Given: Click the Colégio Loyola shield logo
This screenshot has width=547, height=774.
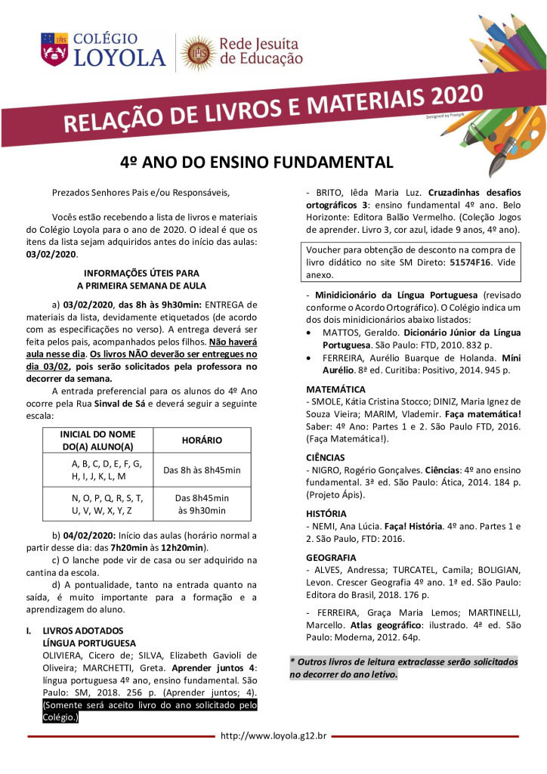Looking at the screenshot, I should [54, 48].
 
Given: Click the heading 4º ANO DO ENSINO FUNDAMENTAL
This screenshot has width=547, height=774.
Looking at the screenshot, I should [258, 163].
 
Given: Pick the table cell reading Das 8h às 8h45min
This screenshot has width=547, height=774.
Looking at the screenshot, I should [202, 470].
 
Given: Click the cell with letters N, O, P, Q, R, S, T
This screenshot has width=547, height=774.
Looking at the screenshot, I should [107, 498].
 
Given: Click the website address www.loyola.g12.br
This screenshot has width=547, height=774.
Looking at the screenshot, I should [273, 735].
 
